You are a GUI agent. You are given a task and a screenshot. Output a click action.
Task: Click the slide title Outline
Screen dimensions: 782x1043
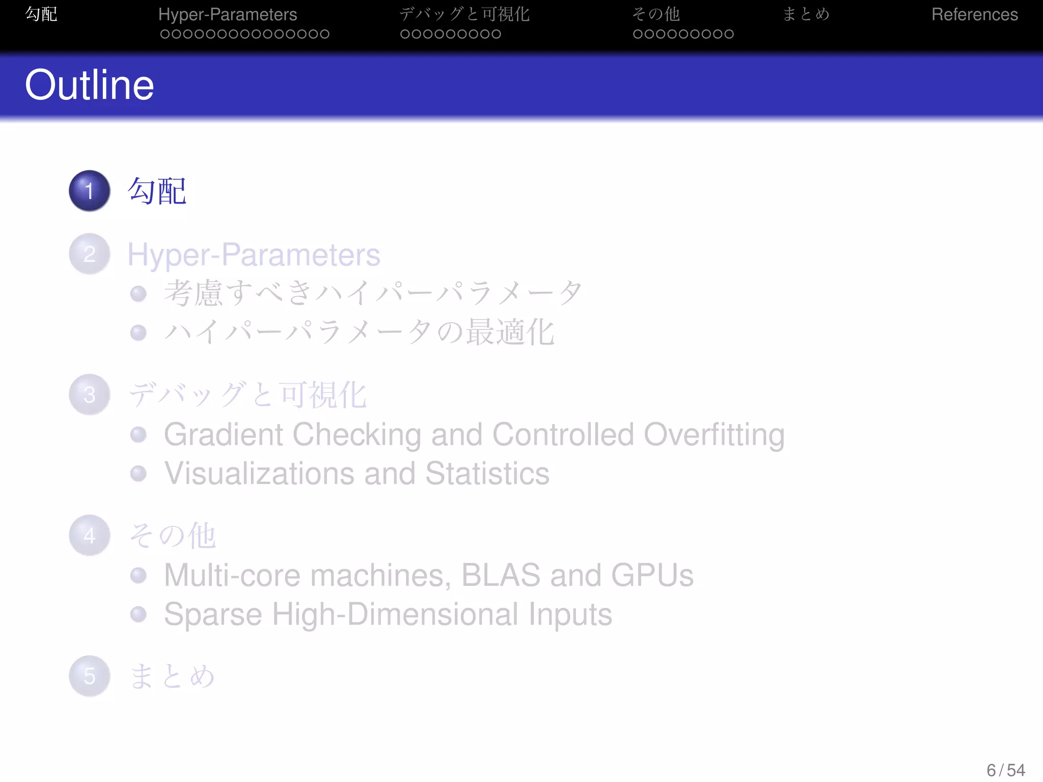tap(89, 85)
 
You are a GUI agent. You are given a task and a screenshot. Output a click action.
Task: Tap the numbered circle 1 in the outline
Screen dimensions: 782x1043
tap(90, 191)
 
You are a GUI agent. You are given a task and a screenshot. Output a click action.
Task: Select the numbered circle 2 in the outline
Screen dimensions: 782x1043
tap(90, 254)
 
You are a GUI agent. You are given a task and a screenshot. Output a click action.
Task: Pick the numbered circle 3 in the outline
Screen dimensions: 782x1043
tap(90, 395)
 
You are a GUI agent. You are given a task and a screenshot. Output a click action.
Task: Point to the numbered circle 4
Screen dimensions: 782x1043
tap(90, 535)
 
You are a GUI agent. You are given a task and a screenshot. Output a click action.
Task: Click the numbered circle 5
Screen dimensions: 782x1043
tap(90, 676)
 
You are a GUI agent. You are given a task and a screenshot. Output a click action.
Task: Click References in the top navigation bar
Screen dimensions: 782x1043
tap(974, 14)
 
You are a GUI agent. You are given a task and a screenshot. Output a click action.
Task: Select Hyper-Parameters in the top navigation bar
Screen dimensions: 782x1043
tap(228, 14)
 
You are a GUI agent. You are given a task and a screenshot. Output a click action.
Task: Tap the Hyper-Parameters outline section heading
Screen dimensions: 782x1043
tap(254, 255)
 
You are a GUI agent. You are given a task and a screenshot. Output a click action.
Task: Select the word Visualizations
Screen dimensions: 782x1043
tap(259, 473)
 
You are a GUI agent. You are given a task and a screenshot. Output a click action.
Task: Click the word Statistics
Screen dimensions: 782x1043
tap(487, 473)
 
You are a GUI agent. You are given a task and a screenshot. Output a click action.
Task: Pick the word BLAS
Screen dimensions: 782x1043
tap(501, 575)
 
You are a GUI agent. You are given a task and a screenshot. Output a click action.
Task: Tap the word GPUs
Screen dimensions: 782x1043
tap(652, 575)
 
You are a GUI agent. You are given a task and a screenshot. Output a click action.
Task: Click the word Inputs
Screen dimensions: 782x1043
tap(570, 615)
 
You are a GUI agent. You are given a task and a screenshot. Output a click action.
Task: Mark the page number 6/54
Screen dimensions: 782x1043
tap(1005, 770)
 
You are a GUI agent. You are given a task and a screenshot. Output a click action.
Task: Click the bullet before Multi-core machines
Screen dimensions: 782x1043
tap(139, 575)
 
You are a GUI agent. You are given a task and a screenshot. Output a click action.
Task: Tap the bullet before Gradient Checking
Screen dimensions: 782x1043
tap(139, 435)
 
